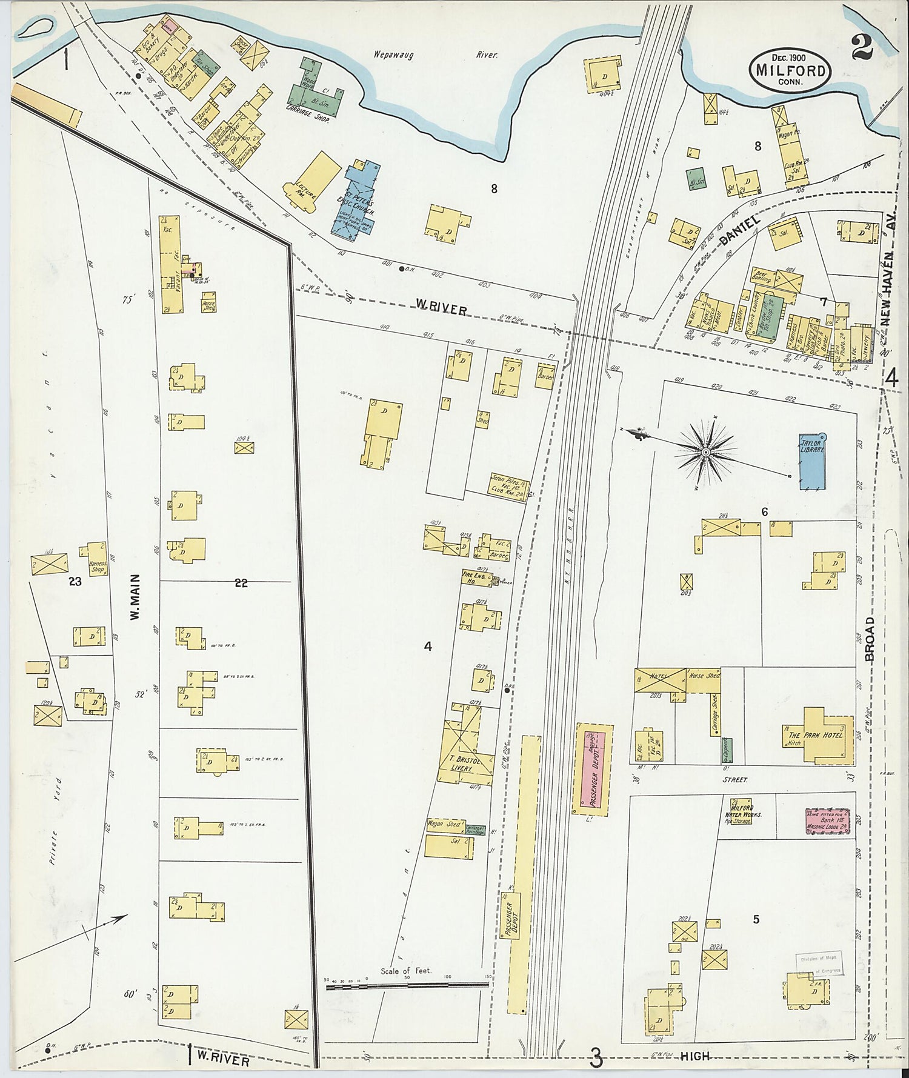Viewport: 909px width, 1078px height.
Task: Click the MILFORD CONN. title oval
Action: (x=791, y=70)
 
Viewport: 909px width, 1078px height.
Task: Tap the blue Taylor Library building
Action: (x=812, y=461)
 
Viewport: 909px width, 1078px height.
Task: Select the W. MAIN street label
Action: (x=135, y=597)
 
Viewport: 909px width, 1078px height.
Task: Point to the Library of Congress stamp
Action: (x=819, y=966)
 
